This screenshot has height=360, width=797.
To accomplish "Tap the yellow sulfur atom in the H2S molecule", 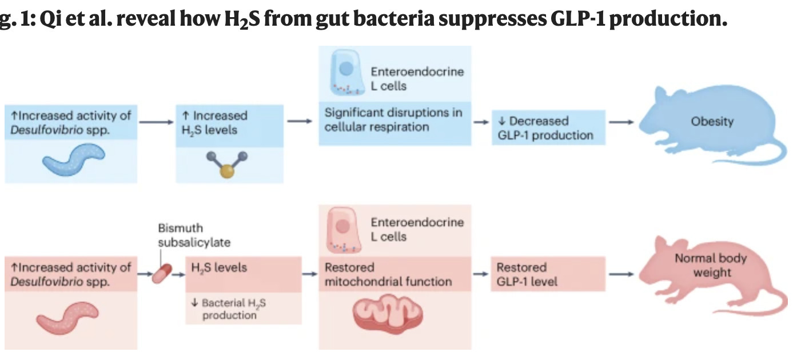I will pyautogui.click(x=227, y=173).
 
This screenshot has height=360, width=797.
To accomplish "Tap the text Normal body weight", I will pyautogui.click(x=711, y=265).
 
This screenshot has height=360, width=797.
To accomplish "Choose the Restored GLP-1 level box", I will pyautogui.click(x=547, y=274).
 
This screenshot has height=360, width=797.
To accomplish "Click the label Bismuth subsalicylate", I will pyautogui.click(x=194, y=235).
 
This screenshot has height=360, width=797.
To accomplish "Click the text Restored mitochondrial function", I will pyautogui.click(x=388, y=274).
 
